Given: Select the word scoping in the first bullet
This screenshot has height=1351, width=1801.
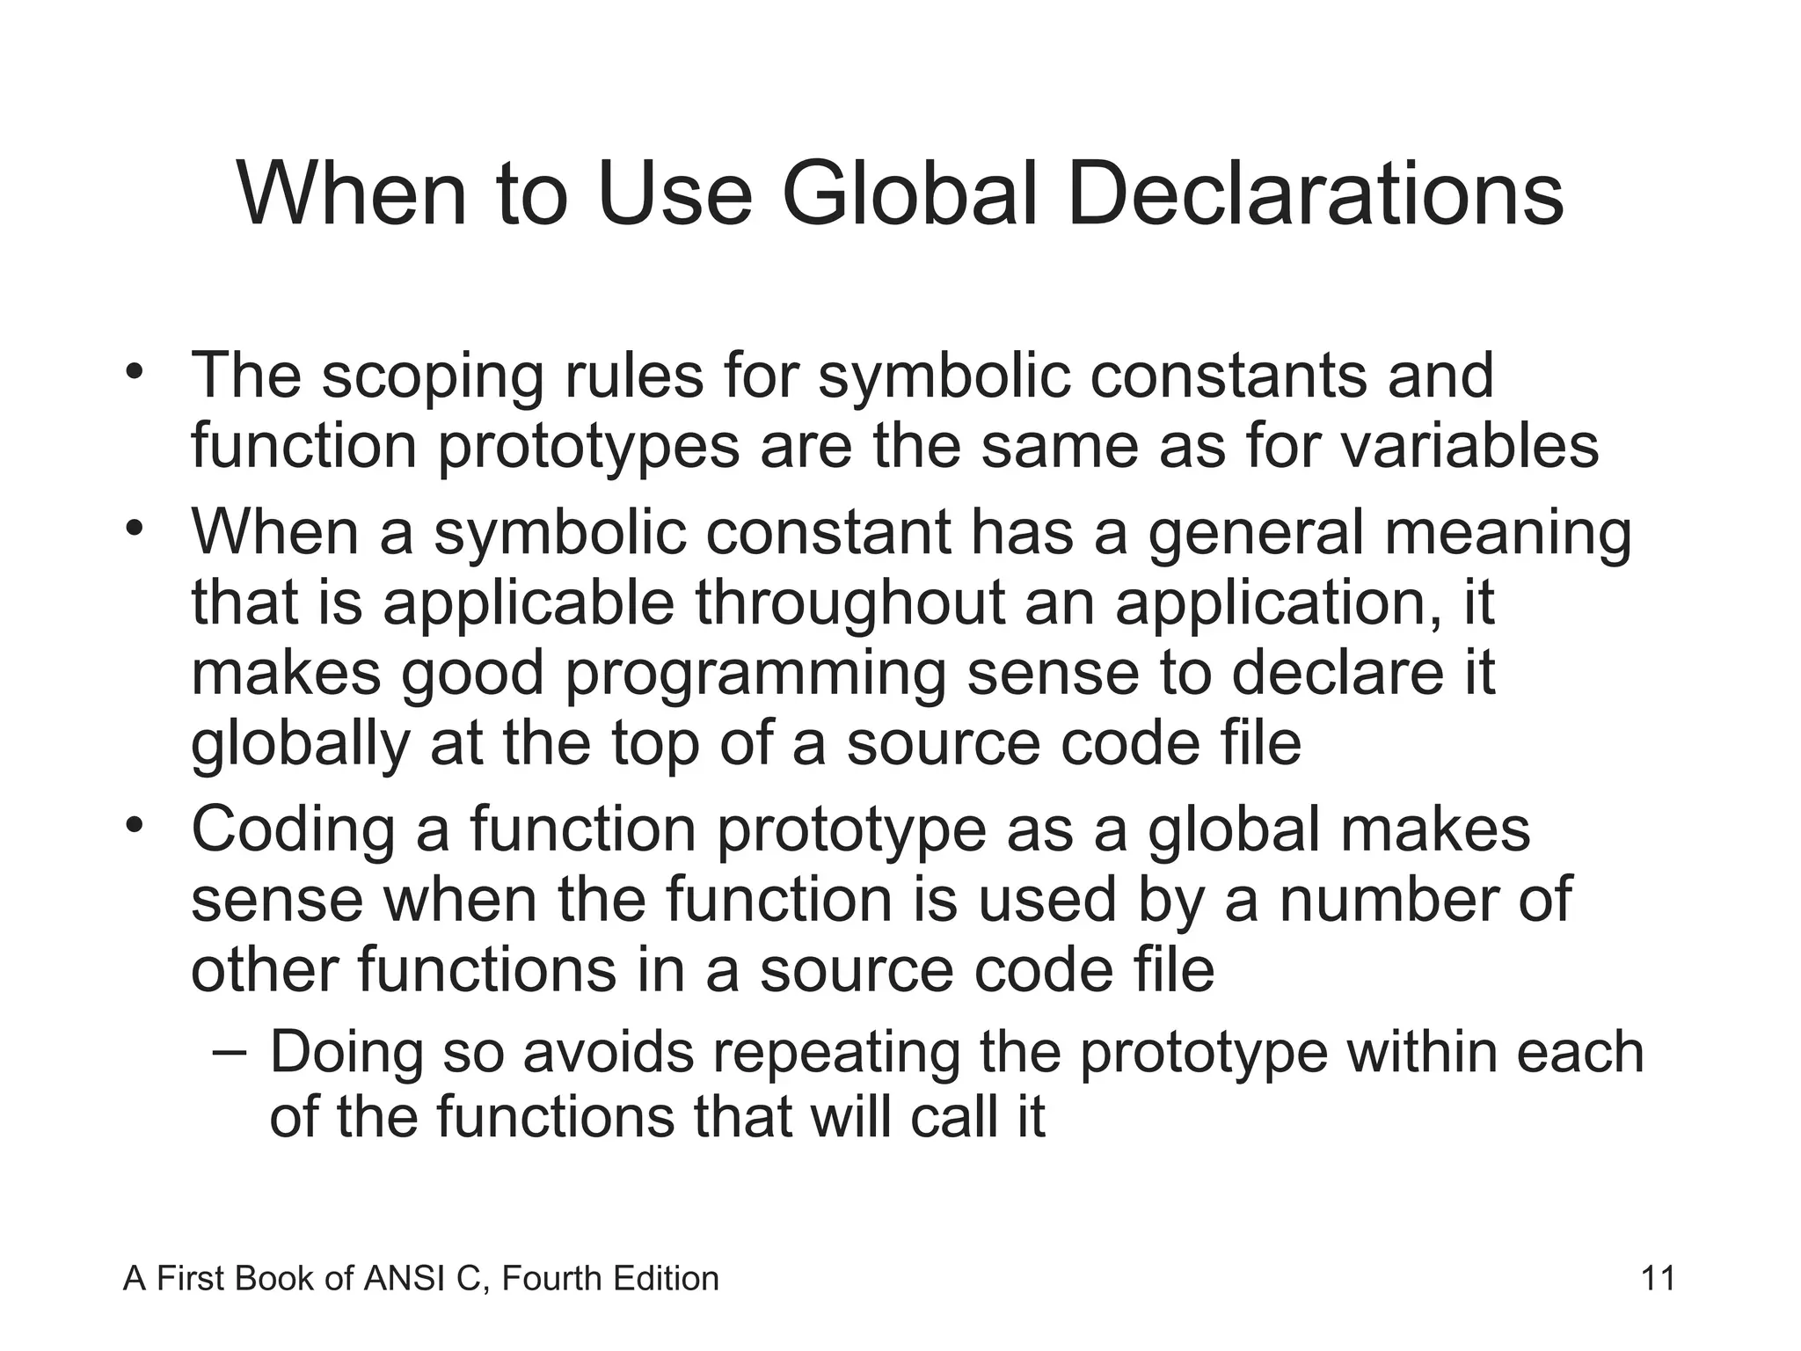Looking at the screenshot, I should (432, 376).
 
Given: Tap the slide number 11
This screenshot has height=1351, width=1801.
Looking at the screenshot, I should (1658, 1278).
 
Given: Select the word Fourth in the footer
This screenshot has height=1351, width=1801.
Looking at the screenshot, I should (550, 1278).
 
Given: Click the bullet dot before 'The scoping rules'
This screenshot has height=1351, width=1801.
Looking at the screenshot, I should (134, 371).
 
